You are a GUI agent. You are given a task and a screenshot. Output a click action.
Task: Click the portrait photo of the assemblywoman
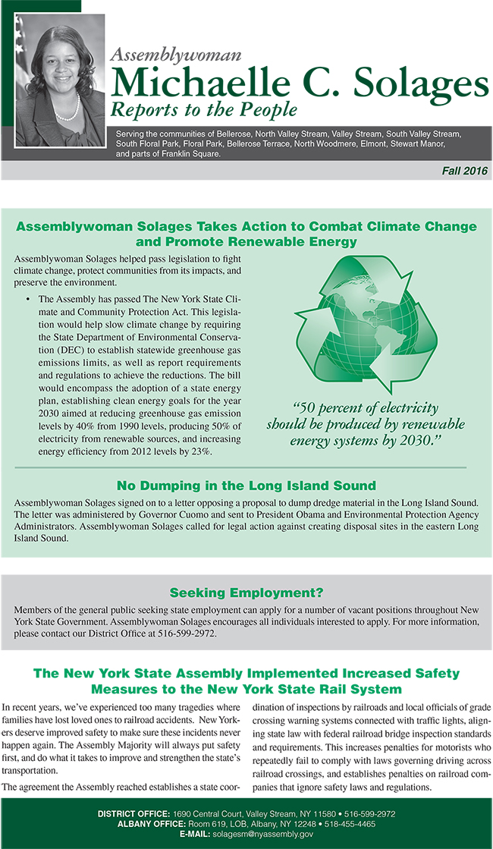60,74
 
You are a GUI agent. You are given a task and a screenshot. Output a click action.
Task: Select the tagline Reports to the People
203,109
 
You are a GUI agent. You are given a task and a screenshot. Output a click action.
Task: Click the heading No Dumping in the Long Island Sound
246,486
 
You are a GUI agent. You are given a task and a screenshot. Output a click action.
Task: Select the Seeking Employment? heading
246,592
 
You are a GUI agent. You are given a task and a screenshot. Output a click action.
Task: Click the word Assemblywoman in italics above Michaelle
176,53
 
